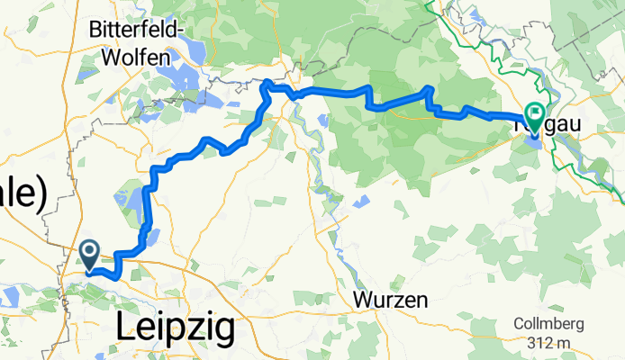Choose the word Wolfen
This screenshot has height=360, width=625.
pos(130,56)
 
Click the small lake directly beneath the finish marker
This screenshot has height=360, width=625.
pos(533,139)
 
